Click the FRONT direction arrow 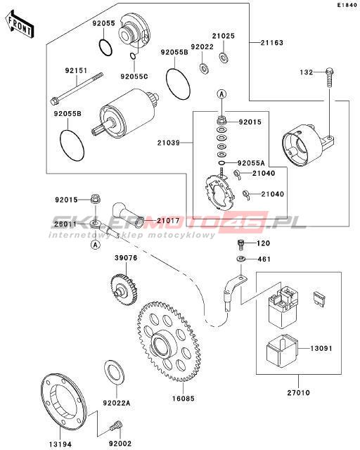pyautogui.click(x=20, y=25)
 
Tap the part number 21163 pyautogui.click(x=272, y=43)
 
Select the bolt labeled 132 pyautogui.click(x=330, y=78)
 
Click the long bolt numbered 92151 pyautogui.click(x=77, y=89)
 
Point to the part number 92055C pyautogui.click(x=134, y=77)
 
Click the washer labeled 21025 pyautogui.click(x=224, y=57)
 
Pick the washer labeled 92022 pyautogui.click(x=204, y=69)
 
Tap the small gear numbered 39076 pyautogui.click(x=124, y=290)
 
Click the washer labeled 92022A pyautogui.click(x=114, y=373)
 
